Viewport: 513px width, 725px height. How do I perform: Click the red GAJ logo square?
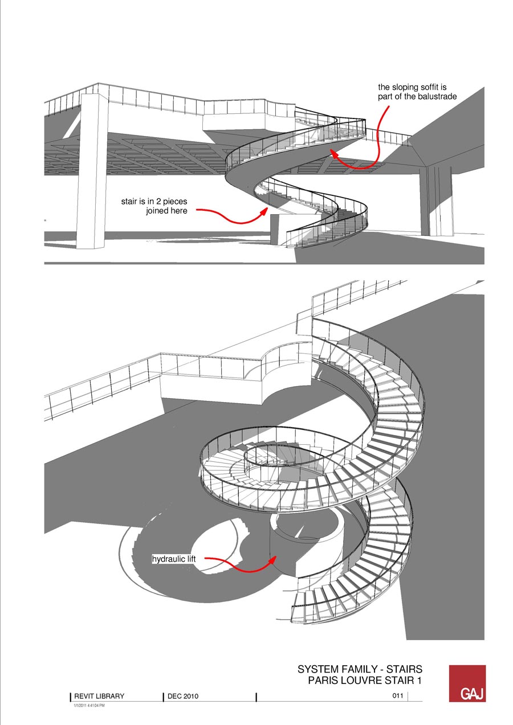467,683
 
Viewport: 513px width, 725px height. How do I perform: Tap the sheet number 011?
398,696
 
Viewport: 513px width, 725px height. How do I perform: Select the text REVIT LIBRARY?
99,696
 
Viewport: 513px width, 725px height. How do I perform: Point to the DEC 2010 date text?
183,696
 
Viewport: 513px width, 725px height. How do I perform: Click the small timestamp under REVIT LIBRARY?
89,706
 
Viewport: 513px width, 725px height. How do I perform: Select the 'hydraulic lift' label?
174,560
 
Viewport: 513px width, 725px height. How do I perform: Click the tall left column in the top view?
93,171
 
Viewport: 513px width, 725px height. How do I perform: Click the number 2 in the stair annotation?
160,201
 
